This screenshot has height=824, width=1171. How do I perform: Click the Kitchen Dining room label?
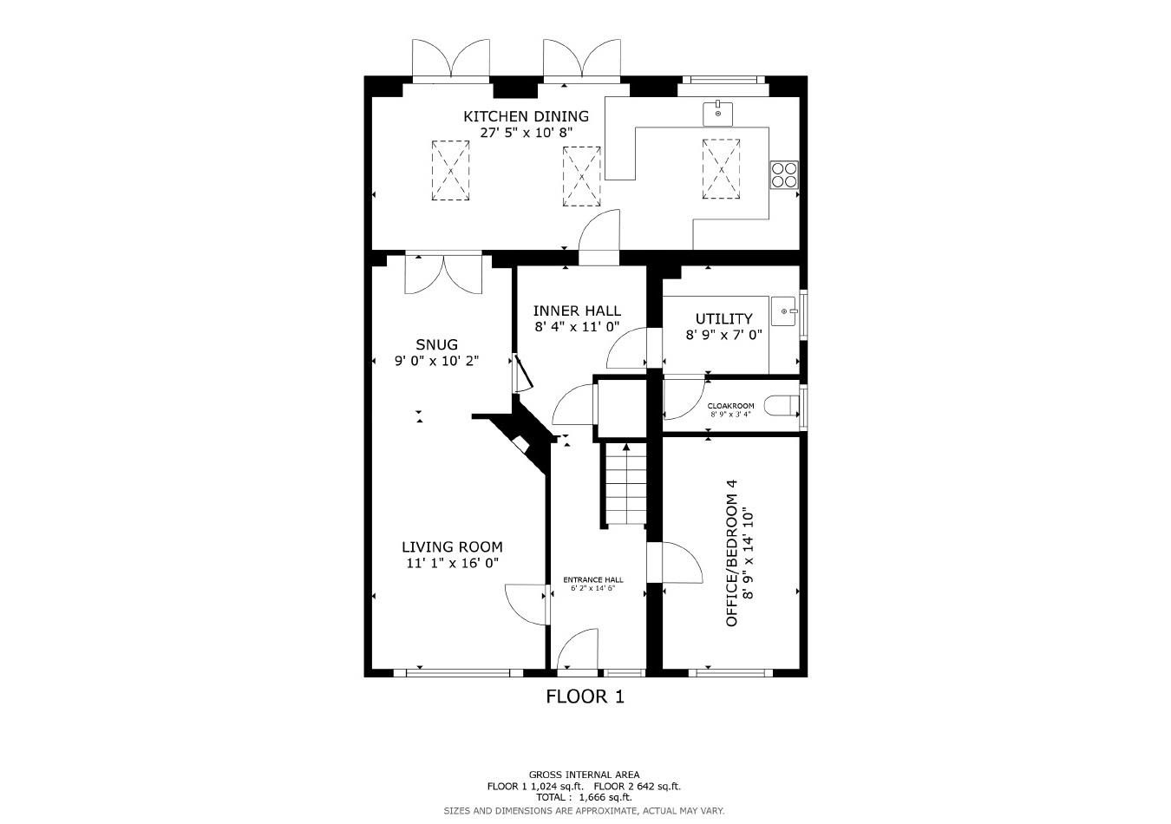526,116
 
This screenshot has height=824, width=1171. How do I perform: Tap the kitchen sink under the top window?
717,112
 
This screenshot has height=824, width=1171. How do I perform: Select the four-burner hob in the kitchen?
784,174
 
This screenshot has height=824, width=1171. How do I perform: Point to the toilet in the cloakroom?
784,406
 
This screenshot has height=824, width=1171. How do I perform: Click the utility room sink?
787,311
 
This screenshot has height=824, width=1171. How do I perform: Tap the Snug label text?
436,344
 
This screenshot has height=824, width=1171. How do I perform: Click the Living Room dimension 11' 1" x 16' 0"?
452,563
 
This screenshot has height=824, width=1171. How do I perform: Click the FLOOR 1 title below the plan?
585,696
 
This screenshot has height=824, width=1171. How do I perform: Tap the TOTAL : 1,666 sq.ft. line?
584,797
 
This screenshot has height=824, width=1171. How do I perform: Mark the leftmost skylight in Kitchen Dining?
451,171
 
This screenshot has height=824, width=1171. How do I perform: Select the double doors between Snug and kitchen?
443,273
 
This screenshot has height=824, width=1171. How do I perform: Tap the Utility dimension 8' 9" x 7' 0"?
723,335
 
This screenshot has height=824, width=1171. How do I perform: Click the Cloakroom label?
730,406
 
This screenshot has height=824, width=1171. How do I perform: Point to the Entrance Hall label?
592,580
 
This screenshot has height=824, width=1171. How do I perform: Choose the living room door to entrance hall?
527,602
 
